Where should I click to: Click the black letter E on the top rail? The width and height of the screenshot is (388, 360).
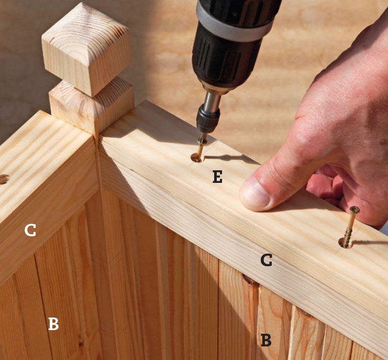217,177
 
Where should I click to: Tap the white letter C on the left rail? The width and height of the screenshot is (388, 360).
30,230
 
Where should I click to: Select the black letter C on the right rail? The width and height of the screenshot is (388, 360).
266,260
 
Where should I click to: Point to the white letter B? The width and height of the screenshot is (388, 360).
53,324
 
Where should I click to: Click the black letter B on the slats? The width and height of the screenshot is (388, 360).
266,340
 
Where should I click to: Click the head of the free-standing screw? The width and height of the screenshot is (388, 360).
354,210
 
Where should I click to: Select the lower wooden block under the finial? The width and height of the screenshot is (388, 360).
92,106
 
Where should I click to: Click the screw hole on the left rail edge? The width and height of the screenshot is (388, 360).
4,179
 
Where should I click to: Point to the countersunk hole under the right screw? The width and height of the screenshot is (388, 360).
346,243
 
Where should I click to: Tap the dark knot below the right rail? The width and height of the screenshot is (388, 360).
249,280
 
